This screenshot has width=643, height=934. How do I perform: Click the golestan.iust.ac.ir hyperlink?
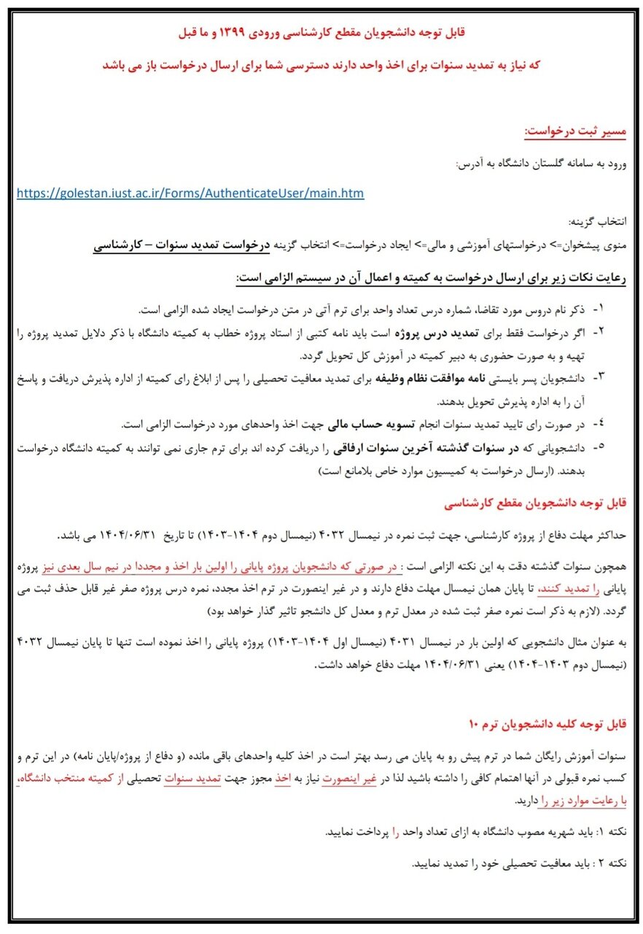click(190, 193)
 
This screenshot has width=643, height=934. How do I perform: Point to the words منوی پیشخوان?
click(596, 247)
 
